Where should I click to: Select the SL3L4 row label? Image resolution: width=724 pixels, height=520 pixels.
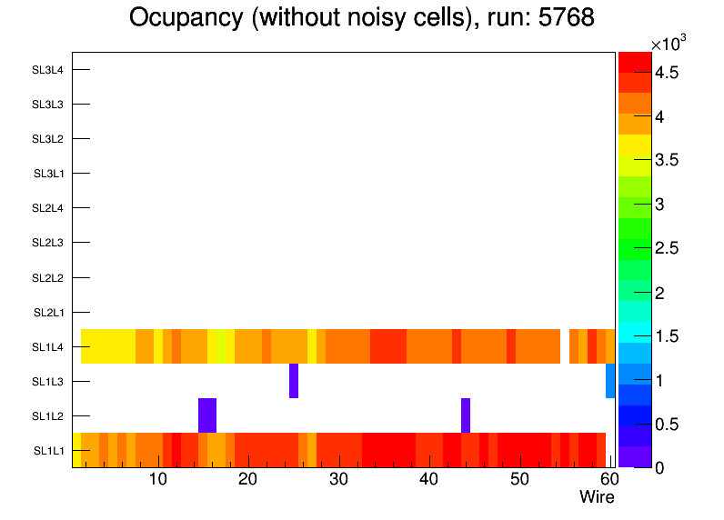coord(47,70)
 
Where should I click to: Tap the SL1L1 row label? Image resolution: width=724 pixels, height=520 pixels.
coord(48,451)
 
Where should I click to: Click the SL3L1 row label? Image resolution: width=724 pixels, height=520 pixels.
coord(48,174)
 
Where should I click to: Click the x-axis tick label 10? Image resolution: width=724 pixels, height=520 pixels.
coord(157,480)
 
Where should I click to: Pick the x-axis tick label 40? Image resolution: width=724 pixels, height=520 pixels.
coord(428,480)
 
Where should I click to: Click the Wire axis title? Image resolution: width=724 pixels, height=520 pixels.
coord(597,497)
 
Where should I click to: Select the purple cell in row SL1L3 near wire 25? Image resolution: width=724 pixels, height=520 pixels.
coord(294,381)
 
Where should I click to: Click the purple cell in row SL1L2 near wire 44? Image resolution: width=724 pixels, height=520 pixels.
coord(466,415)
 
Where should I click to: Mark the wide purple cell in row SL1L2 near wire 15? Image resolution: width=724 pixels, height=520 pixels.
coord(207,415)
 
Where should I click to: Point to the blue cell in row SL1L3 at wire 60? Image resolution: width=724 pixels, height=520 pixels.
coord(610,381)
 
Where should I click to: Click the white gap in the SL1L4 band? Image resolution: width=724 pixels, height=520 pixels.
coord(565,346)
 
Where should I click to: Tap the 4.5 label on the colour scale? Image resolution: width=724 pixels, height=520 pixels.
coord(667,74)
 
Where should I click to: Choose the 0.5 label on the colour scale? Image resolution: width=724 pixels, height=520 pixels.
coord(667,425)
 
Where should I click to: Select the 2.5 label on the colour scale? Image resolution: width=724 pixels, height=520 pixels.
coord(667,249)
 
